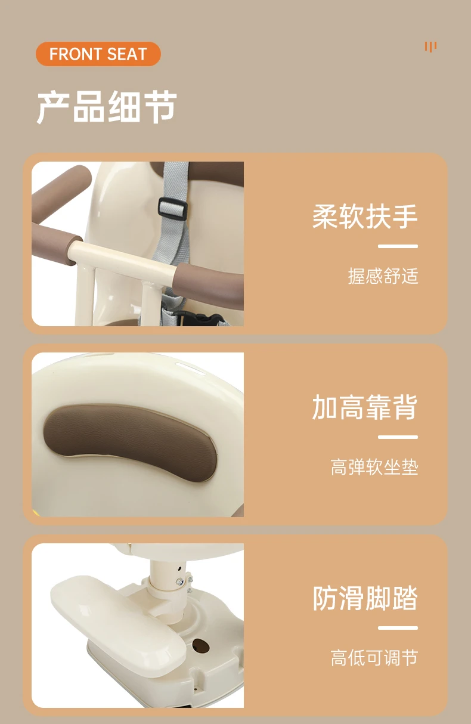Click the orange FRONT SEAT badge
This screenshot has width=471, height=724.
click(98, 54)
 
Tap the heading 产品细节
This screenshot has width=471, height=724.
click(107, 107)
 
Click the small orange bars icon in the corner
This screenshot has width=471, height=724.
click(430, 47)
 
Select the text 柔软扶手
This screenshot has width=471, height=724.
click(365, 216)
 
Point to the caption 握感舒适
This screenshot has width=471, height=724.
click(383, 276)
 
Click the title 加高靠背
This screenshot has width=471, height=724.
click(365, 407)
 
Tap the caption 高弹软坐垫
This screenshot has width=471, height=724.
click(374, 467)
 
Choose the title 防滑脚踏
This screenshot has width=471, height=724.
click(365, 598)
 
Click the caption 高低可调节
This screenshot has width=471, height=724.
click(374, 658)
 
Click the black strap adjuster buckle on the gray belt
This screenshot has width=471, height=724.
click(172, 208)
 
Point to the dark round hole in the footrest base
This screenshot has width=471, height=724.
click(200, 646)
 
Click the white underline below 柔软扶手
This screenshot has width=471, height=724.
click(398, 246)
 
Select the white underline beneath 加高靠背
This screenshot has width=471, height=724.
click(398, 437)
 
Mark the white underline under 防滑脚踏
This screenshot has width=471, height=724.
click(398, 627)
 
